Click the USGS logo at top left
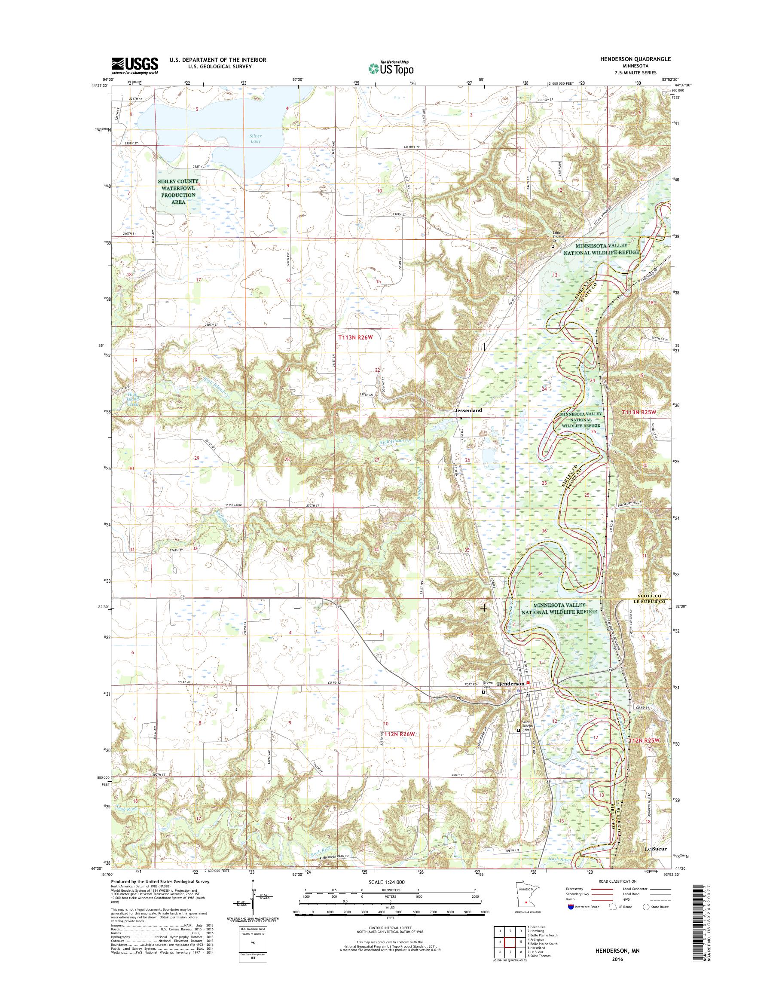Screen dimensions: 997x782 135,66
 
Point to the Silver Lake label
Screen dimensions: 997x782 257,138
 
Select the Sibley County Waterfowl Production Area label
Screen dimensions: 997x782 178,191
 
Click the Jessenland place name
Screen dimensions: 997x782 468,411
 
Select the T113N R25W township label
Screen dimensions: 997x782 641,413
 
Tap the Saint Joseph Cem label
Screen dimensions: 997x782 524,734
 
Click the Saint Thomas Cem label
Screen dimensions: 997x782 556,238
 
